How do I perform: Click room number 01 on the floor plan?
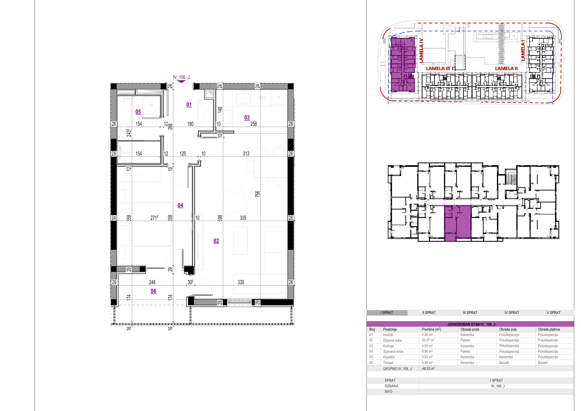[189, 104]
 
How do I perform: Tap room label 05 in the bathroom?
[138, 112]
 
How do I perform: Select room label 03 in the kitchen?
[247, 117]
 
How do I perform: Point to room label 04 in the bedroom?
[180, 205]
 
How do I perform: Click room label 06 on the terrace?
[153, 291]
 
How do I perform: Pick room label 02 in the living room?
[216, 241]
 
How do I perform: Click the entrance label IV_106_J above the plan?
[181, 77]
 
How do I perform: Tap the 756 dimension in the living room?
[257, 194]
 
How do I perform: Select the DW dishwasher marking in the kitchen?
[263, 98]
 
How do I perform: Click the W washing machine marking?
[151, 105]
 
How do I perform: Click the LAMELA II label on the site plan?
[506, 68]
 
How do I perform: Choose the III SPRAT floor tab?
[470, 313]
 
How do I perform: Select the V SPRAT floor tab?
[554, 313]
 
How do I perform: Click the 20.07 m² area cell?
[428, 340]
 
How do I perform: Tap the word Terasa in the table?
[388, 363]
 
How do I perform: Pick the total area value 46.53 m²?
[428, 368]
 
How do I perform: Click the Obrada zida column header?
[508, 329]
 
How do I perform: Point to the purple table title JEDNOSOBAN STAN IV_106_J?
[471, 324]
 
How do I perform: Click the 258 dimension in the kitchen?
[254, 124]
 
